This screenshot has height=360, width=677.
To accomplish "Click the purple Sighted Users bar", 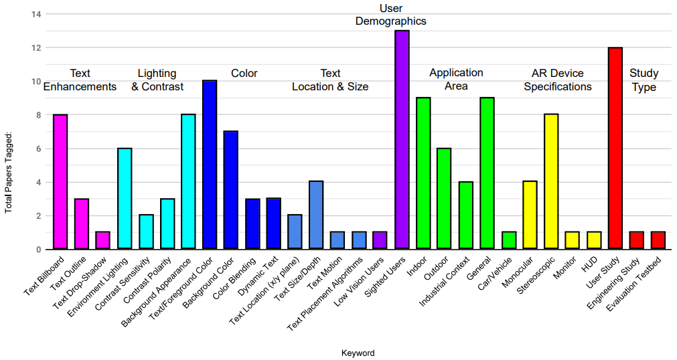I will click(402, 140).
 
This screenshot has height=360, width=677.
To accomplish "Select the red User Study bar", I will click(615, 149).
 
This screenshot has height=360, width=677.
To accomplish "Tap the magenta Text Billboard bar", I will click(60, 182).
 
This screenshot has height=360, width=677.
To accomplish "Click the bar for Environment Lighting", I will click(125, 199).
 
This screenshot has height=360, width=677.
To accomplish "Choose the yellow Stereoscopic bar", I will click(551, 182).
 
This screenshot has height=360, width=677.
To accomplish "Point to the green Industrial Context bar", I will click(466, 215).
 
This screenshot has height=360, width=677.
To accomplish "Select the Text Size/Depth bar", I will click(316, 215).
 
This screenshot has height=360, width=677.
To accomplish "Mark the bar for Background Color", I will click(231, 190).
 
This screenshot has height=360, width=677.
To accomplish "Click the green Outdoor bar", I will click(445, 199).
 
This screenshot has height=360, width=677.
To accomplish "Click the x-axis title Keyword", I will click(358, 353).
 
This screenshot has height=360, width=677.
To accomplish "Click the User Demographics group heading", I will click(390, 15).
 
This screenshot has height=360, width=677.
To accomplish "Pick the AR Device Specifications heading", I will click(557, 80).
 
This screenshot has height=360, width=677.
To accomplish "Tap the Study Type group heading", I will click(644, 80).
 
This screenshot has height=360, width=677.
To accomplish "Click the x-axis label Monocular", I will click(518, 276).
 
